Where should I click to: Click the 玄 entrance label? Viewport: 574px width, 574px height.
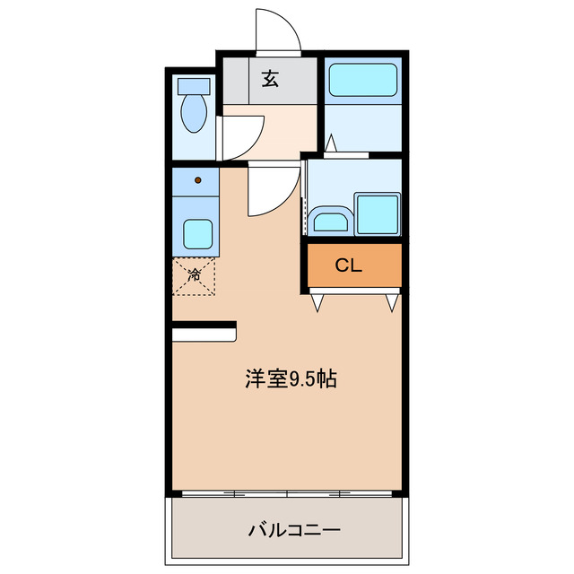point(270,79)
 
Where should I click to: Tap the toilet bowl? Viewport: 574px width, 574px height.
point(194,115)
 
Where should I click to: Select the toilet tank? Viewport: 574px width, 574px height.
point(194,87)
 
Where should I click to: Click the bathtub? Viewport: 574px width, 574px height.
point(361,81)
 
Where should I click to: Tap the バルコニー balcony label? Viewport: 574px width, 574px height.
point(294,530)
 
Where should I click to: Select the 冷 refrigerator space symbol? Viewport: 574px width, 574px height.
point(194,275)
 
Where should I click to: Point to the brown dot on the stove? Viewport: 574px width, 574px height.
point(198,180)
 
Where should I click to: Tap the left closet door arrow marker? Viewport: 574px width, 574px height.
point(317,303)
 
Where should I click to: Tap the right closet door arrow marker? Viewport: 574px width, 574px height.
point(391,303)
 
